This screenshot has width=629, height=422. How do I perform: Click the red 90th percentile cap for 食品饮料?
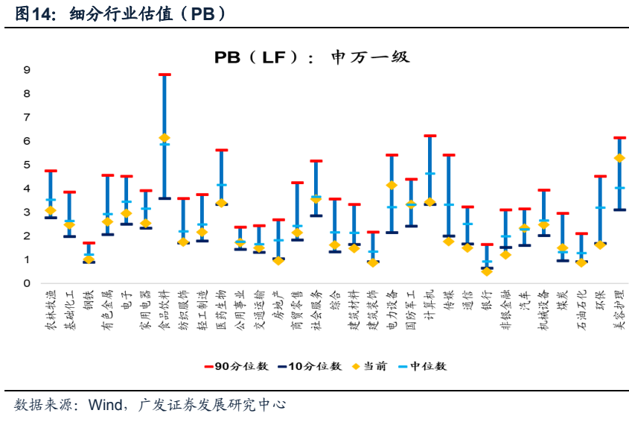165,75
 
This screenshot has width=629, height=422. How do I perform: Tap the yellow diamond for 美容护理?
619,158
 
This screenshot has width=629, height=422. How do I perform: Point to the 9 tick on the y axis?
27,70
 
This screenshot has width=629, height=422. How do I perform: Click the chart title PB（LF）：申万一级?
312,57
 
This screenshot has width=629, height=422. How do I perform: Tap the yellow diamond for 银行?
487,271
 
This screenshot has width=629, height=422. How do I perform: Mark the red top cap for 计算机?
430,136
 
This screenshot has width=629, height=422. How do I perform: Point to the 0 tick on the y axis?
27,283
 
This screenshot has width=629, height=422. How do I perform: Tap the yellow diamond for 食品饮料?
165,138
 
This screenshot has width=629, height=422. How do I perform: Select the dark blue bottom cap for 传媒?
449,236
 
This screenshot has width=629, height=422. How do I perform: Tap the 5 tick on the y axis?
27,165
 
